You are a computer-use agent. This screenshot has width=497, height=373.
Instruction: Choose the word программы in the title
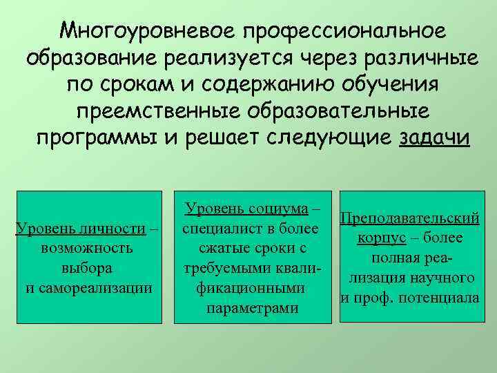coord(95,137)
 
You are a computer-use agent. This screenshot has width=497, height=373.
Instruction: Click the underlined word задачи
coord(434,137)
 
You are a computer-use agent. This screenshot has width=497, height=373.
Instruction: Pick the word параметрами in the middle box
coord(252,307)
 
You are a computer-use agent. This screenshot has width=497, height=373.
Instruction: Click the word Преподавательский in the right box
coord(411,219)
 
